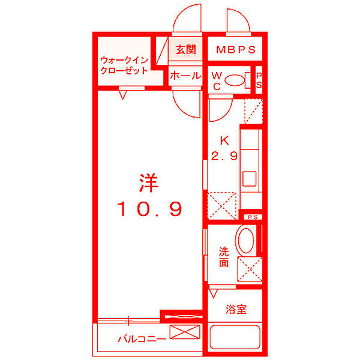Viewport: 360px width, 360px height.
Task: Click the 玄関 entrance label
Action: pyautogui.click(x=186, y=49)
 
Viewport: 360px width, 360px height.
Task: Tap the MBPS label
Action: pyautogui.click(x=236, y=49)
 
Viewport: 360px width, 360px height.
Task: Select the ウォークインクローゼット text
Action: pyautogui.click(x=124, y=65)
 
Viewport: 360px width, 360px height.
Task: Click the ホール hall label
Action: pyautogui.click(x=185, y=76)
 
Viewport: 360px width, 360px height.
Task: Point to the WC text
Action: pyautogui.click(x=217, y=80)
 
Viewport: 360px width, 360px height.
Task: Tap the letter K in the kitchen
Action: pyautogui.click(x=224, y=142)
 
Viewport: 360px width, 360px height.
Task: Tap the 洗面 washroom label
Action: pyautogui.click(x=223, y=257)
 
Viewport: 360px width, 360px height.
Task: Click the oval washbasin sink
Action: pyautogui.click(x=245, y=241)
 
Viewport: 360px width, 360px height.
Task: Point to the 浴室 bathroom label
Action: pyautogui.click(x=236, y=310)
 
